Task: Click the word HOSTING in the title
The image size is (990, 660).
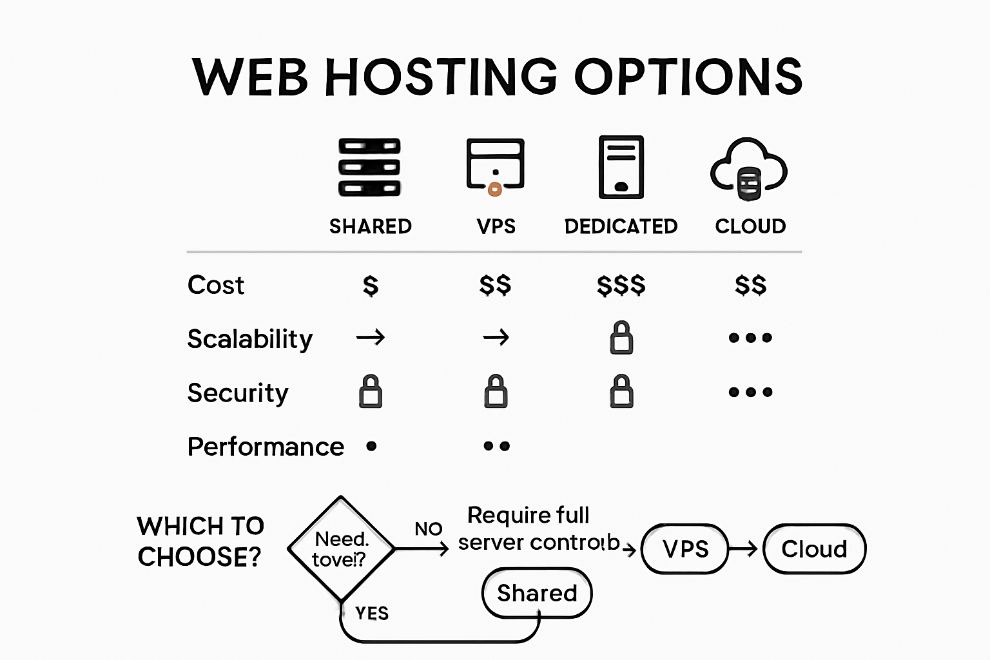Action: point(442,77)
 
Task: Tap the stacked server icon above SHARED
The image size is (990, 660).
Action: point(369,167)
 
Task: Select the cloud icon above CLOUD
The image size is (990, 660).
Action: point(749,169)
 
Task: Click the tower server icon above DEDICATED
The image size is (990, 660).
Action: point(621,167)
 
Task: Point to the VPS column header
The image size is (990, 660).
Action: point(496,226)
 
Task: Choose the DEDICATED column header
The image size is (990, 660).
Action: point(621,226)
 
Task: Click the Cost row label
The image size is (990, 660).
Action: point(216,285)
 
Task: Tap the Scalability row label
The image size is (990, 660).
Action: point(250,339)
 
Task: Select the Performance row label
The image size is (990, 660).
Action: point(266,447)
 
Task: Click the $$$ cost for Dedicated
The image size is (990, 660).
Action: point(621,285)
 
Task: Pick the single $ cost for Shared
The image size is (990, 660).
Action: point(371,285)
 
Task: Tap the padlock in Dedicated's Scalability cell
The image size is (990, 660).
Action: point(621,338)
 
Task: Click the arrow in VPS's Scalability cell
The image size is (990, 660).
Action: point(496,337)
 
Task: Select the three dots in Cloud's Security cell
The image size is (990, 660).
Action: point(750,392)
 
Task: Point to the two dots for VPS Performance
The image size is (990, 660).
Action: point(496,446)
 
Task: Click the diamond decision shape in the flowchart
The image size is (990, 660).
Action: point(340,549)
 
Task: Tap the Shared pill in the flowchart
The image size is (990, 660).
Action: point(537,593)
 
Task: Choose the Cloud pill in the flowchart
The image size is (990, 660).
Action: point(814,549)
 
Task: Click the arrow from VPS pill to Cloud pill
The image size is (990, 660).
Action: point(744,549)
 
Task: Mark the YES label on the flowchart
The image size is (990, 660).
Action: point(372,613)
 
